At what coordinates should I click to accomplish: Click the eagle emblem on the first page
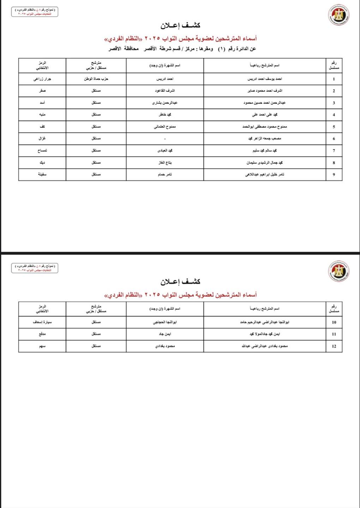339,15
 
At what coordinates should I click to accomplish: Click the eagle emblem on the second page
339,271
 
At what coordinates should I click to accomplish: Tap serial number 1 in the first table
334,79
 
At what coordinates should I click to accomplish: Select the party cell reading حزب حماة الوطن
96,79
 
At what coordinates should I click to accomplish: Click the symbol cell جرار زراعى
42,79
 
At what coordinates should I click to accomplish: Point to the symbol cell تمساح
42,151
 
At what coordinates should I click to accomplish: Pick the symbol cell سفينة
42,174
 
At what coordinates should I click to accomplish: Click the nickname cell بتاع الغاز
165,163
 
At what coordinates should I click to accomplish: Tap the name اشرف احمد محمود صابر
265,91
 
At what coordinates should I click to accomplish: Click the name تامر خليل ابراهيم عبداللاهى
265,174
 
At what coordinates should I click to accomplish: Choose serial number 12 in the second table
334,346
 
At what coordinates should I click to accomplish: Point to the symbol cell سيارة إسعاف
42,322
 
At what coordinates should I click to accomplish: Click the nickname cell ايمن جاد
165,334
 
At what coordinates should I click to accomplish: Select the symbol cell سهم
42,346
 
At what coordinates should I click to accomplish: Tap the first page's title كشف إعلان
180,25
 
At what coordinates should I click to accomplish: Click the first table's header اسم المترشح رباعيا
265,65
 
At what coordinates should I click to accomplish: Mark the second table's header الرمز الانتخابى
42,309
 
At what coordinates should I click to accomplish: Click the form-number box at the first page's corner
35,12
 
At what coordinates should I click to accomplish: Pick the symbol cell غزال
42,139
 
